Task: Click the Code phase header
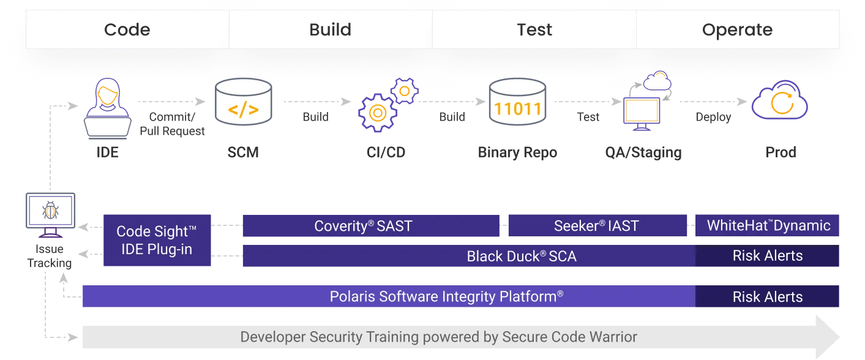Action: [x=127, y=29]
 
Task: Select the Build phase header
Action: [x=331, y=29]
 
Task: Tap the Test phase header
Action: [x=534, y=29]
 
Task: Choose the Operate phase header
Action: [x=737, y=29]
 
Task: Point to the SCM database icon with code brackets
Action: [x=243, y=103]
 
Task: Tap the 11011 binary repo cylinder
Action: [x=517, y=103]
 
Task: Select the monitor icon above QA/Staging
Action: [x=642, y=113]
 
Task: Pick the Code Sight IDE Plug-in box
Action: [x=157, y=240]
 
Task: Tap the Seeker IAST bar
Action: [x=597, y=226]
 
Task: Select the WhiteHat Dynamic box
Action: [x=768, y=225]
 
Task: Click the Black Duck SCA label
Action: [x=522, y=257]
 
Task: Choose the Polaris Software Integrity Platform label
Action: [x=446, y=297]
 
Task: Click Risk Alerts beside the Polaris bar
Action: [x=768, y=297]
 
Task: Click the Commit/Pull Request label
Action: [x=172, y=124]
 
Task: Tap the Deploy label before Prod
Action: [x=713, y=117]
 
